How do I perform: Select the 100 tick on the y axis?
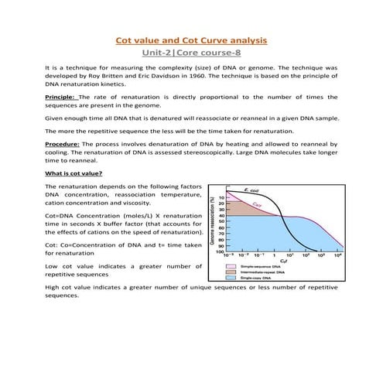pyautogui.click(x=221, y=253)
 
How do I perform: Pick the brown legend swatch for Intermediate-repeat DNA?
pyautogui.click(x=231, y=271)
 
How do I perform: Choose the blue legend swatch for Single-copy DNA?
pyautogui.click(x=231, y=277)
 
